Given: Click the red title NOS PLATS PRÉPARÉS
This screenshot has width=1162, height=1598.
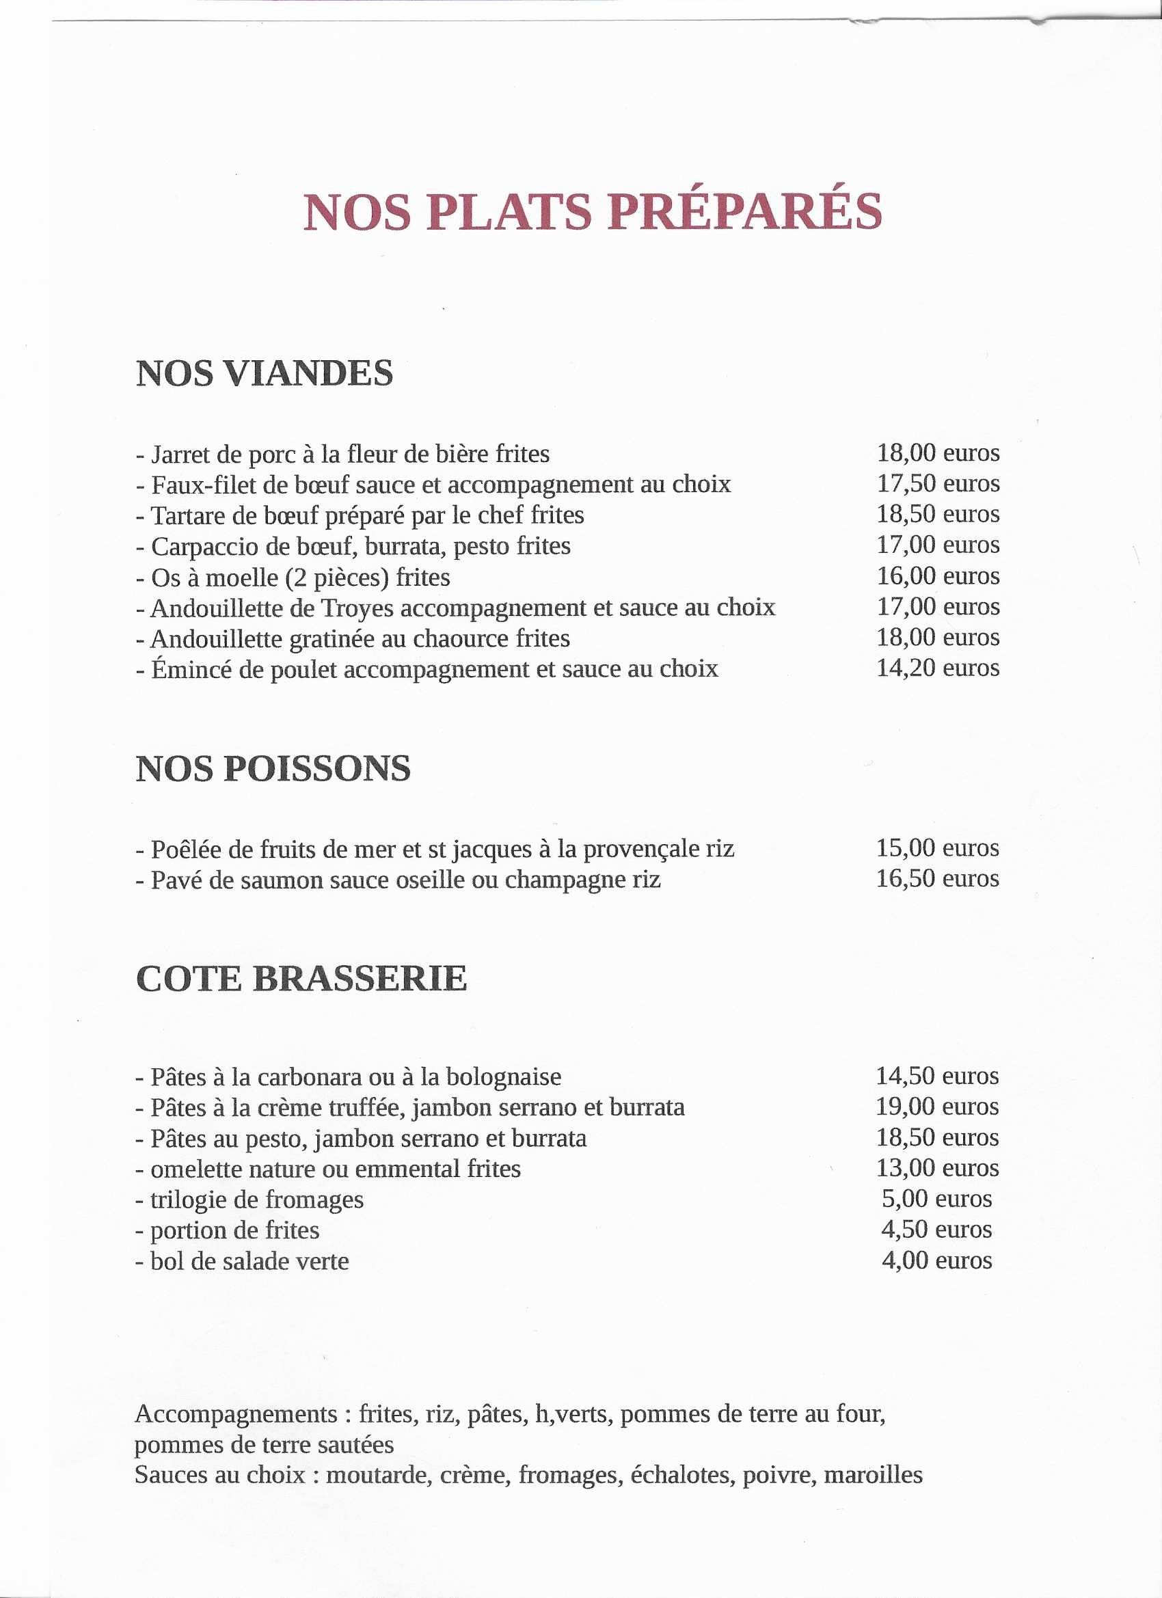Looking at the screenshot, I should pos(592,211).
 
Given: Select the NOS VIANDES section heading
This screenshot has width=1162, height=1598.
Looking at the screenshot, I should pos(265,373).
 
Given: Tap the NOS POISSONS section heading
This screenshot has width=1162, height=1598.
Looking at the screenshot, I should pos(273,768).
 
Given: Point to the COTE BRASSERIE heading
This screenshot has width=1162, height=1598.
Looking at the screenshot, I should pos(301,979).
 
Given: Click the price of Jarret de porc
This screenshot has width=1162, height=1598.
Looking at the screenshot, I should pos(937,452).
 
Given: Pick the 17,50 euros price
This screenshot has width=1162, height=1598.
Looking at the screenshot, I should pos(937,483).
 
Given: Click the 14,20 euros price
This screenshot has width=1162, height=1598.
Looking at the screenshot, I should pos(937,668).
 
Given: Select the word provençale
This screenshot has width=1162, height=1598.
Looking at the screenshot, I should pos(638,849).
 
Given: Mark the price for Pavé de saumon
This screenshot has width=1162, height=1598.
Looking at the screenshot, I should pos(937,878).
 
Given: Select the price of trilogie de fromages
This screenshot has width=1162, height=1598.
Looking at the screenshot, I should pos(937,1200).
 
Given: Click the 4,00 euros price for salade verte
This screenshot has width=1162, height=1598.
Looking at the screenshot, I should pos(937,1260).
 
